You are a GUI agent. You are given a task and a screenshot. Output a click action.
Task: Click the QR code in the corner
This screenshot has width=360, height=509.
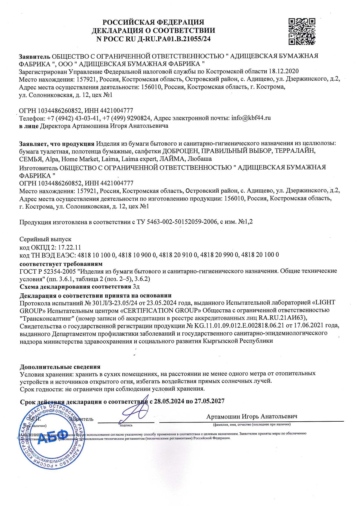click(302, 31)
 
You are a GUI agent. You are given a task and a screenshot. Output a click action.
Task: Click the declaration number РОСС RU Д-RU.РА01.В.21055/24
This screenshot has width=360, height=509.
click(159, 39)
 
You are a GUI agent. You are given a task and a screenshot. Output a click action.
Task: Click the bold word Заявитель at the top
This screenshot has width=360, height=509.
click(34, 56)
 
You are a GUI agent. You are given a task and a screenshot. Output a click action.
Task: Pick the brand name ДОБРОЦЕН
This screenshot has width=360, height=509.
click(180, 151)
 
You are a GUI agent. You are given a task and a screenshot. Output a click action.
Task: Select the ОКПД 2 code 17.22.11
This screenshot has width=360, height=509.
click(70, 247)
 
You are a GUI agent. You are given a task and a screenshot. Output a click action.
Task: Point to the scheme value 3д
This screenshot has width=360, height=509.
click(136, 287)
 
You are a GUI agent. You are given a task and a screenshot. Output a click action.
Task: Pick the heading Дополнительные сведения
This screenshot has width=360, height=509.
click(60, 367)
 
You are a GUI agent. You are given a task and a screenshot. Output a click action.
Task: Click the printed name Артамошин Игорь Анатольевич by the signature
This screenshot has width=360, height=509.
click(252, 416)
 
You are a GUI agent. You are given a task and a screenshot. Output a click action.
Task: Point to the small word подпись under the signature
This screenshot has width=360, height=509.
click(126, 425)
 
